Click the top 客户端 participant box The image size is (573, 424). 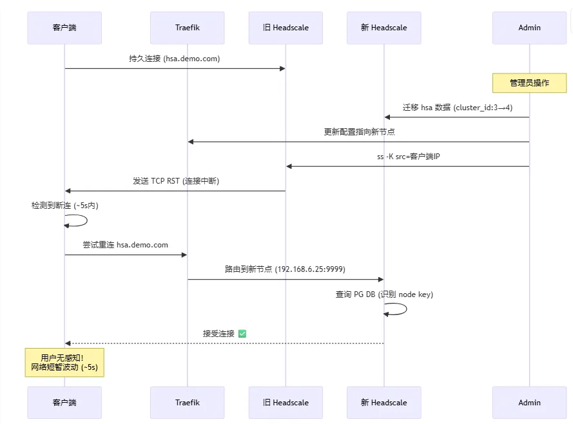pyautogui.click(x=64, y=28)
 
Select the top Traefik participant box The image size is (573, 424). pyautogui.click(x=188, y=28)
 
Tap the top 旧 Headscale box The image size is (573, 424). pyautogui.click(x=286, y=28)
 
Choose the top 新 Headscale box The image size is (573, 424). pyautogui.click(x=384, y=28)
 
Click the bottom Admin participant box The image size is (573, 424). pyautogui.click(x=529, y=402)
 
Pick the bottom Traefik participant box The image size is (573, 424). pyautogui.click(x=188, y=402)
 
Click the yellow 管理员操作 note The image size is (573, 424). pyautogui.click(x=529, y=83)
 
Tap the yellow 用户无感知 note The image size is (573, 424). pyautogui.click(x=64, y=363)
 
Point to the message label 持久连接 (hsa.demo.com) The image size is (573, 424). pyautogui.click(x=174, y=59)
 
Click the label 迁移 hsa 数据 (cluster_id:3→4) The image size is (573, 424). pyautogui.click(x=457, y=108)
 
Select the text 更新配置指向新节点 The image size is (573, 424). pyautogui.click(x=359, y=132)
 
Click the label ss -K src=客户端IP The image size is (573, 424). pyautogui.click(x=408, y=157)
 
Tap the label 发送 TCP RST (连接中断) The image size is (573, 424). pyautogui.click(x=175, y=181)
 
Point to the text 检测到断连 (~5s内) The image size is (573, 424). pyautogui.click(x=64, y=206)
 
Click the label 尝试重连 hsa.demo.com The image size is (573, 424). pyautogui.click(x=125, y=245)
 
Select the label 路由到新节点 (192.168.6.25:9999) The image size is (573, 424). pyautogui.click(x=285, y=269)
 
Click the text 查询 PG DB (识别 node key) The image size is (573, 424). pyautogui.click(x=384, y=294)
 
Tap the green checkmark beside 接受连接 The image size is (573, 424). pyautogui.click(x=242, y=334)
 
